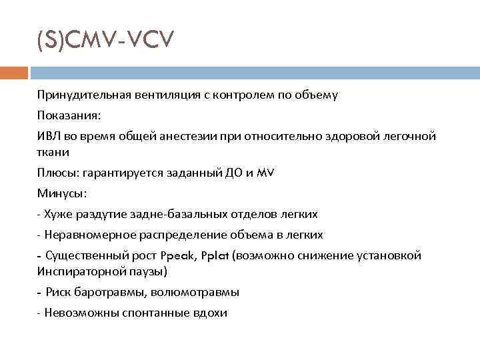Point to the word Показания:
(x=69, y=115)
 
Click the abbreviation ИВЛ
(x=49, y=136)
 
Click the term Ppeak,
(x=179, y=255)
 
